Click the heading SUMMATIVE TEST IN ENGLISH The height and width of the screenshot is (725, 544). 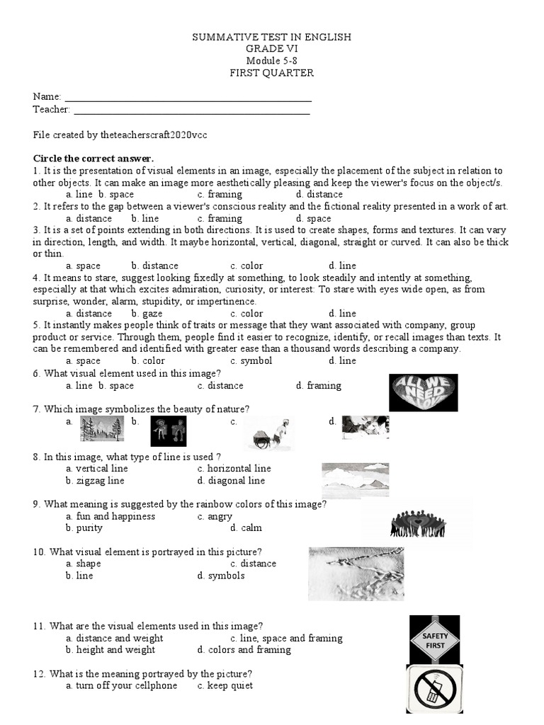pos(271,37)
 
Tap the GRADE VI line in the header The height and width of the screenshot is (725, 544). pos(271,49)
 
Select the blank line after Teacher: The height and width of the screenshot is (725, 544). pos(191,110)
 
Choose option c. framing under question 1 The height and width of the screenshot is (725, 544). pos(220,194)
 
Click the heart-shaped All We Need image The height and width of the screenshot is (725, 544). pos(424,392)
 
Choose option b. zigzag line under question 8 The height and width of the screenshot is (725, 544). pos(95,481)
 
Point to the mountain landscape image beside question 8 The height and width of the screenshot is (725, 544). pos(355,480)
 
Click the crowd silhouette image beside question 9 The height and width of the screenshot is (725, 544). pos(418,524)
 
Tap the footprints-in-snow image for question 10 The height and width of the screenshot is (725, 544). pos(356,574)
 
